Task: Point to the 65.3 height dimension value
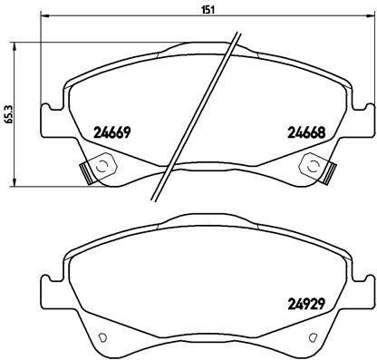click(x=9, y=113)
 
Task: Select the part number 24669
click(x=113, y=131)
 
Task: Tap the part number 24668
click(x=306, y=131)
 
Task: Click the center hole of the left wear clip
click(x=100, y=165)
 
